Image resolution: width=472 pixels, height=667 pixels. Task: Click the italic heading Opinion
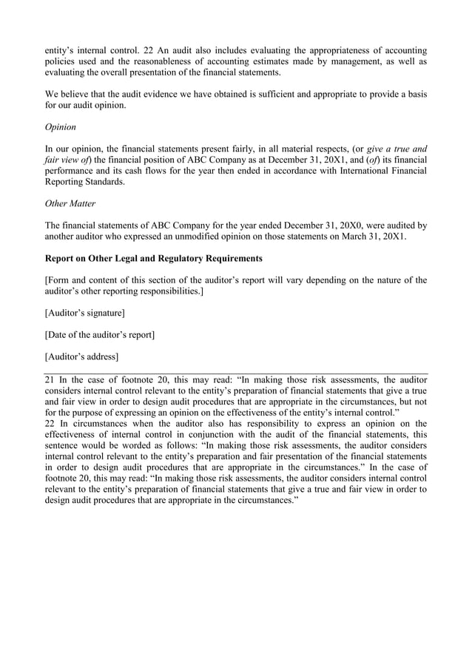pyautogui.click(x=61, y=126)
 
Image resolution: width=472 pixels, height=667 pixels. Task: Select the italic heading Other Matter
pyautogui.click(x=72, y=203)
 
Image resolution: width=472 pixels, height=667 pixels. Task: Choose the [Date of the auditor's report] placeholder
pyautogui.click(x=100, y=335)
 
